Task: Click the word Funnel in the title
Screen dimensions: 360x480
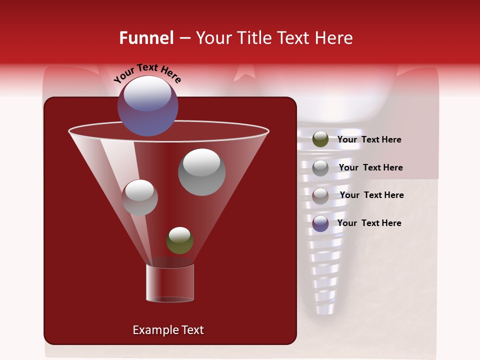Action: pos(146,38)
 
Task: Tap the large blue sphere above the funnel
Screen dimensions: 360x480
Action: pos(147,105)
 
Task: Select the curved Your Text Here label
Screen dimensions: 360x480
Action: pos(147,73)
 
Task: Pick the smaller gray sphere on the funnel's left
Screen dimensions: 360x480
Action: pos(139,197)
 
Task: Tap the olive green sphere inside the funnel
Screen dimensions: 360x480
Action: pos(179,240)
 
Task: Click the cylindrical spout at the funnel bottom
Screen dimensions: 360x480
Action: pos(169,282)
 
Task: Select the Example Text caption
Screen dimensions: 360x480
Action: pos(168,330)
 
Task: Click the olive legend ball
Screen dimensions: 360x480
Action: pos(320,139)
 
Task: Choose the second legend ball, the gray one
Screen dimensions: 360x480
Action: pos(320,167)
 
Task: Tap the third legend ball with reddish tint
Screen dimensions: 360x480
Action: pos(320,195)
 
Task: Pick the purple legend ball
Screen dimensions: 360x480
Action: pos(320,223)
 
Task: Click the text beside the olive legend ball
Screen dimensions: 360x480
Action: pos(369,140)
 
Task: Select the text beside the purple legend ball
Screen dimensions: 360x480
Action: pos(369,223)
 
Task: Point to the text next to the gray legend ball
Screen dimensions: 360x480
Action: pos(370,167)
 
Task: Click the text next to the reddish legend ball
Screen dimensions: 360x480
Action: pos(371,195)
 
